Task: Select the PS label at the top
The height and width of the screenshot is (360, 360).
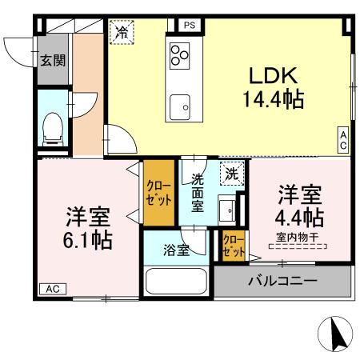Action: click(190, 26)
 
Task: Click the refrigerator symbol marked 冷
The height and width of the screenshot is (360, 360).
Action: click(122, 32)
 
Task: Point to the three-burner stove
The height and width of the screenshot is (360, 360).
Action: click(179, 55)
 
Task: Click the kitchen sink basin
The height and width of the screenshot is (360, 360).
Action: click(179, 103)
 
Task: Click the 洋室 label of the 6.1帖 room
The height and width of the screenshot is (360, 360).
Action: click(88, 216)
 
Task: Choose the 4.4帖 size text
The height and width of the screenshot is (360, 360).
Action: click(301, 217)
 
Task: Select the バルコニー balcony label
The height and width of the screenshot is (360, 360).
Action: click(282, 281)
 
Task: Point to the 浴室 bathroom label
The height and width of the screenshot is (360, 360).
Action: click(178, 250)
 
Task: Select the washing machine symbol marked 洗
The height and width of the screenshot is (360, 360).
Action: click(230, 173)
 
